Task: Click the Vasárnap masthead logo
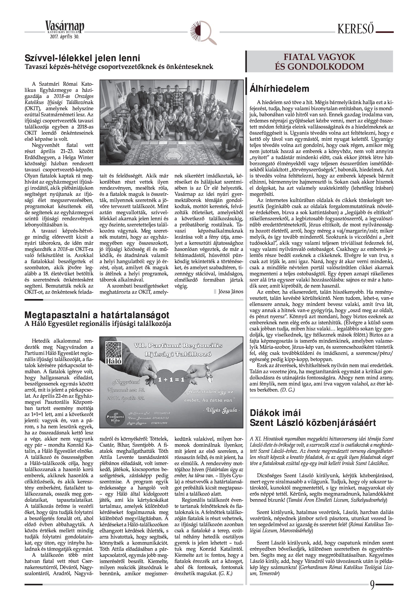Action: (65, 27)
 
